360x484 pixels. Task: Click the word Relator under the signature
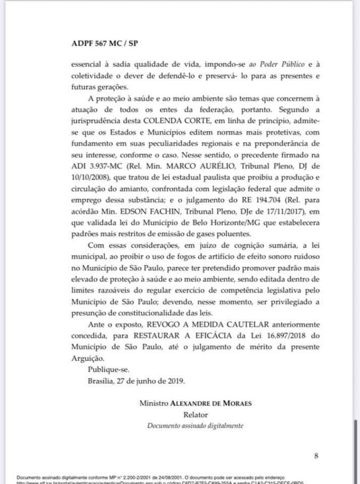click(x=195, y=414)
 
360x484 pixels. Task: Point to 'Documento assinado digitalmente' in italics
click(x=195, y=425)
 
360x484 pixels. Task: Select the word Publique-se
click(x=108, y=369)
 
